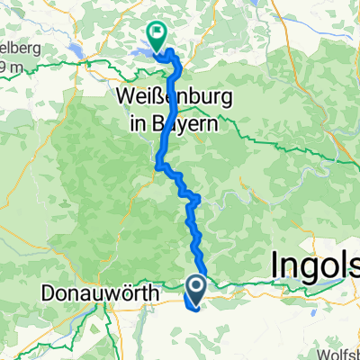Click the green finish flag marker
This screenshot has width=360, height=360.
(157, 37)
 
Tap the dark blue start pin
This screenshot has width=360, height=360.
(194, 287)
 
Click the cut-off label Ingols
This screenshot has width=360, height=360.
(315, 266)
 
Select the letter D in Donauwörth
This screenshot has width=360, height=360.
(48, 293)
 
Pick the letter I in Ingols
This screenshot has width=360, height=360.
(274, 266)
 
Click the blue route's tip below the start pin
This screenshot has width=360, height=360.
(191, 306)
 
